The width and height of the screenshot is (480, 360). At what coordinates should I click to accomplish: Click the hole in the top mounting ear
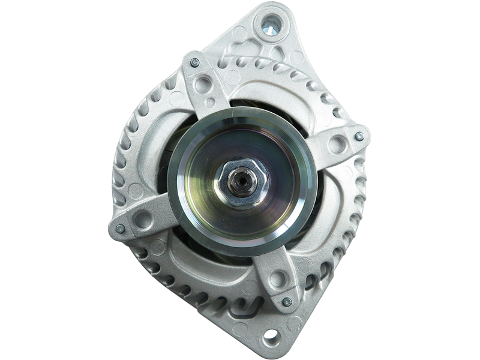270,25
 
